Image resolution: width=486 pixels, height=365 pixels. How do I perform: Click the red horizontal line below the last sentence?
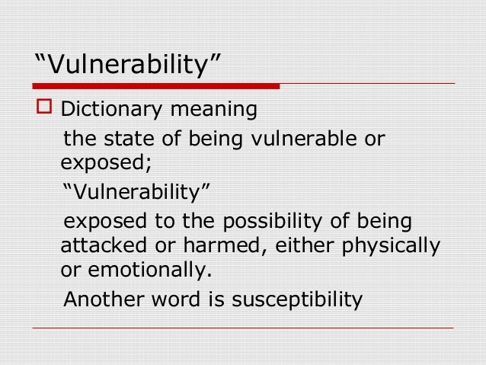tap(243, 328)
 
